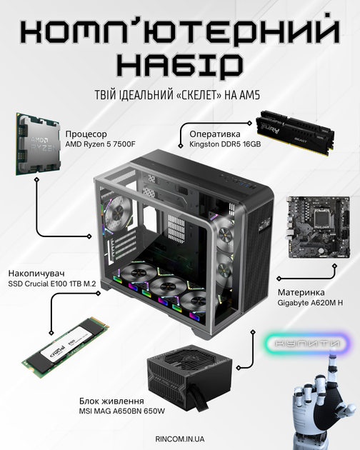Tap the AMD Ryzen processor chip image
pyautogui.click(x=38, y=144)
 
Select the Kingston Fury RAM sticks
pyautogui.click(x=296, y=132)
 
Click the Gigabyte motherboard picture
pyautogui.click(x=319, y=227)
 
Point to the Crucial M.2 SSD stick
pyautogui.click(x=65, y=348)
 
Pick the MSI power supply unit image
pyautogui.click(x=189, y=379)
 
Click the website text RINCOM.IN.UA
pyautogui.click(x=180, y=439)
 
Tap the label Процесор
pyautogui.click(x=86, y=134)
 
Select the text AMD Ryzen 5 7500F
pyautogui.click(x=100, y=144)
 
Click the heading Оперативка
pyautogui.click(x=215, y=134)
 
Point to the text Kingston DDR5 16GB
pyautogui.click(x=225, y=144)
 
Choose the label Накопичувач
pyautogui.click(x=36, y=273)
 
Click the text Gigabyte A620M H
pyautogui.click(x=310, y=303)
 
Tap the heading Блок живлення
pyautogui.click(x=111, y=401)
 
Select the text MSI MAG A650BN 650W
pyautogui.click(x=122, y=411)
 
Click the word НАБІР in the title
pyautogui.click(x=180, y=65)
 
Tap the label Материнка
pyautogui.click(x=301, y=292)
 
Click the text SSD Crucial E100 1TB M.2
pyautogui.click(x=52, y=284)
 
